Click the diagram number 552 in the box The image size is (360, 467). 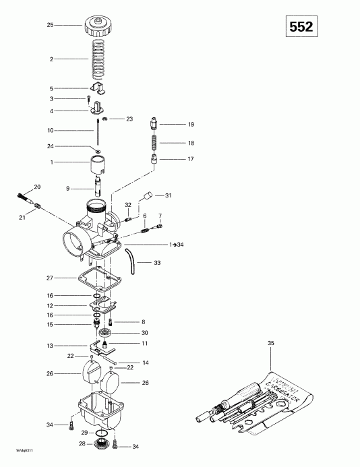click(x=301, y=27)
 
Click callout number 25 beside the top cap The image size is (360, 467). click(x=49, y=24)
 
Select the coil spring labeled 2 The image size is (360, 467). click(x=98, y=59)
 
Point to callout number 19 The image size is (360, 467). click(x=191, y=125)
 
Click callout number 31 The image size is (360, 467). click(x=168, y=196)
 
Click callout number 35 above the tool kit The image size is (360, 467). click(x=271, y=344)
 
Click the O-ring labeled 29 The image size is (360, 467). click(x=99, y=432)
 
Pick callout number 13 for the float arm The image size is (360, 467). click(x=49, y=346)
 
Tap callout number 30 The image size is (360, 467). click(x=145, y=333)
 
